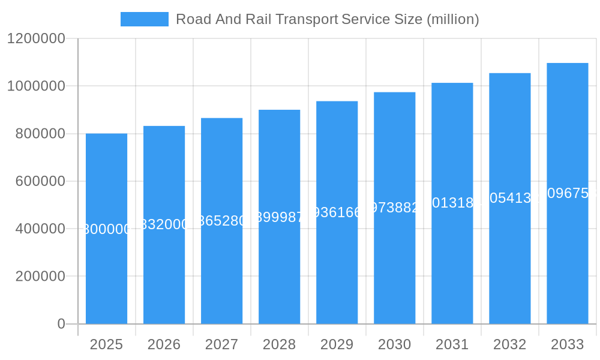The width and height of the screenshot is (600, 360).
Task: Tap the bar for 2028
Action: click(x=279, y=270)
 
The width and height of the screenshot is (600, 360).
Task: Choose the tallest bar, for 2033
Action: click(x=567, y=258)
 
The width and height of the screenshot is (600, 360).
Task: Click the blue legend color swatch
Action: click(x=144, y=19)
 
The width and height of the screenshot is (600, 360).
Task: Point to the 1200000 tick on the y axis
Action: click(x=36, y=38)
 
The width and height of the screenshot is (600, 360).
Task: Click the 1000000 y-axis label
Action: click(x=36, y=86)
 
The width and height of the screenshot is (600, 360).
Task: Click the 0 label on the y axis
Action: click(x=61, y=324)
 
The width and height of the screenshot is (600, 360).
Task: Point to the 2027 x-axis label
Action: click(x=221, y=344)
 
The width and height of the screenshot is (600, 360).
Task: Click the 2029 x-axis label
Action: click(x=337, y=344)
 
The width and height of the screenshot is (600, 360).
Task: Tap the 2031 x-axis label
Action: click(x=452, y=344)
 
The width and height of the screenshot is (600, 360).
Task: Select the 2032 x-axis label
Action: click(x=509, y=344)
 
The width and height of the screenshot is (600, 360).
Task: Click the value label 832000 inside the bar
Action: click(x=164, y=224)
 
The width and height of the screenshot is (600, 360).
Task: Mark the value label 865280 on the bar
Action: click(x=221, y=221)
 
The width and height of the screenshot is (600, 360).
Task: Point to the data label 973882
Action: click(x=394, y=208)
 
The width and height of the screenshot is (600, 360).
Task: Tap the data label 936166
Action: click(x=337, y=212)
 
